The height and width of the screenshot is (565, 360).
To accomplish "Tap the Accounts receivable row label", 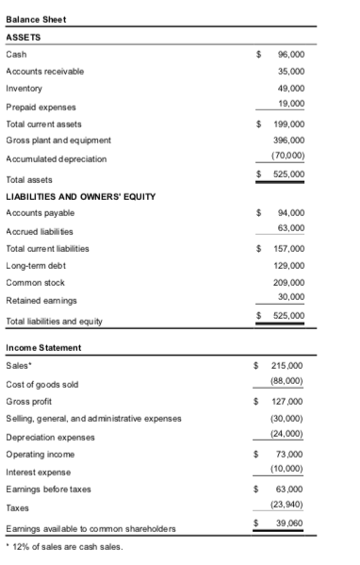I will tap(44, 71).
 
